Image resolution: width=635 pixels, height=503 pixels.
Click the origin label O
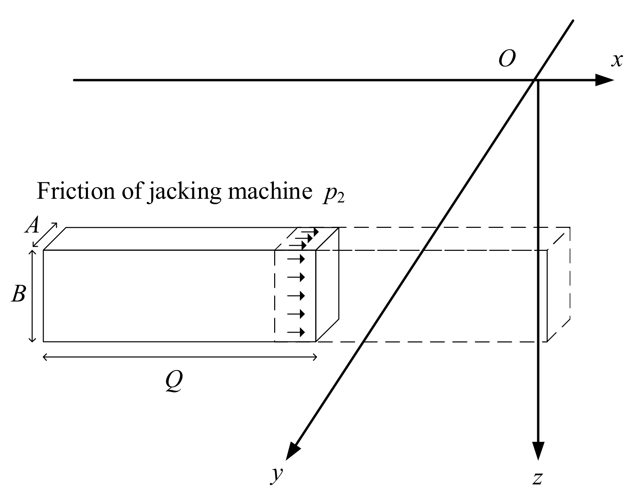coord(507,59)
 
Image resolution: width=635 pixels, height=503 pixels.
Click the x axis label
coord(616,60)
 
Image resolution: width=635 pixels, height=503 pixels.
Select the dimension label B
coord(18,294)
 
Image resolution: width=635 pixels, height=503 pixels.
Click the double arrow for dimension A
coord(45,235)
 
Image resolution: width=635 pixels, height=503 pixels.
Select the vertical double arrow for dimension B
coord(32,296)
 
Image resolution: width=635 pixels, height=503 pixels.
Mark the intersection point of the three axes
coord(535,80)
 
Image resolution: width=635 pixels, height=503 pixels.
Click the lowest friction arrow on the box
coord(296,332)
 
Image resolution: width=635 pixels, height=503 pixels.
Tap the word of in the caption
coord(131,191)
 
